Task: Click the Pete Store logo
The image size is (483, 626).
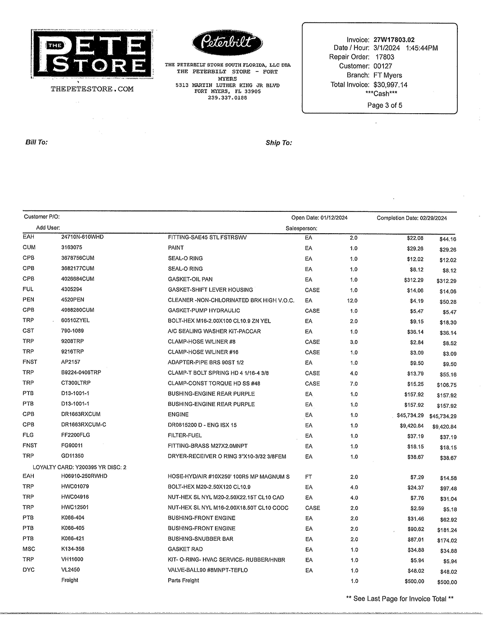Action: click(x=89, y=54)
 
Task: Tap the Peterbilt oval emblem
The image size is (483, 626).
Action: click(x=227, y=44)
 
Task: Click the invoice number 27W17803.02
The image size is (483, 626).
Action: click(x=394, y=40)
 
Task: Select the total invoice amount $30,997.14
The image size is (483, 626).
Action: click(x=390, y=85)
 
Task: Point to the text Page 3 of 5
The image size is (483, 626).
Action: click(x=384, y=105)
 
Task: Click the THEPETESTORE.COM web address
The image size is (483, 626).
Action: click(x=92, y=89)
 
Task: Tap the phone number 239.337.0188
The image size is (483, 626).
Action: click(x=227, y=98)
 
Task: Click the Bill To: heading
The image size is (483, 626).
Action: click(x=36, y=142)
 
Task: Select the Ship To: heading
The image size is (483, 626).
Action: click(x=279, y=143)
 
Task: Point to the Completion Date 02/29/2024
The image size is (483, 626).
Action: click(x=412, y=218)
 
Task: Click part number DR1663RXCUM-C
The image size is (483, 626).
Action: click(x=84, y=425)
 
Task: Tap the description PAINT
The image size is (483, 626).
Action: click(x=176, y=248)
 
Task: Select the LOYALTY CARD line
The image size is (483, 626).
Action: click(x=79, y=467)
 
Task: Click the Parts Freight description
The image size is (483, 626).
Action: click(x=183, y=581)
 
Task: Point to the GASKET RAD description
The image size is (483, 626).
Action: click(x=185, y=549)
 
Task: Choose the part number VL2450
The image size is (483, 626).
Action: click(x=70, y=570)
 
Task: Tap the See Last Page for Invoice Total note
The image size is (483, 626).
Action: click(x=400, y=599)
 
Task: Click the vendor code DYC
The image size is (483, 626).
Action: click(x=28, y=570)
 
